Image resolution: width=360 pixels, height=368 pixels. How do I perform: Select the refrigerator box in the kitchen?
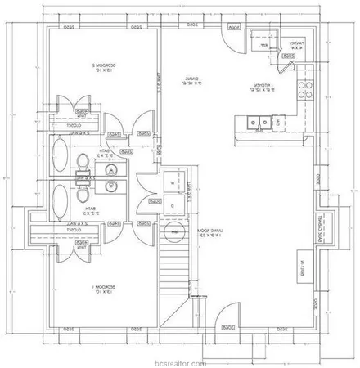(263, 40)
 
